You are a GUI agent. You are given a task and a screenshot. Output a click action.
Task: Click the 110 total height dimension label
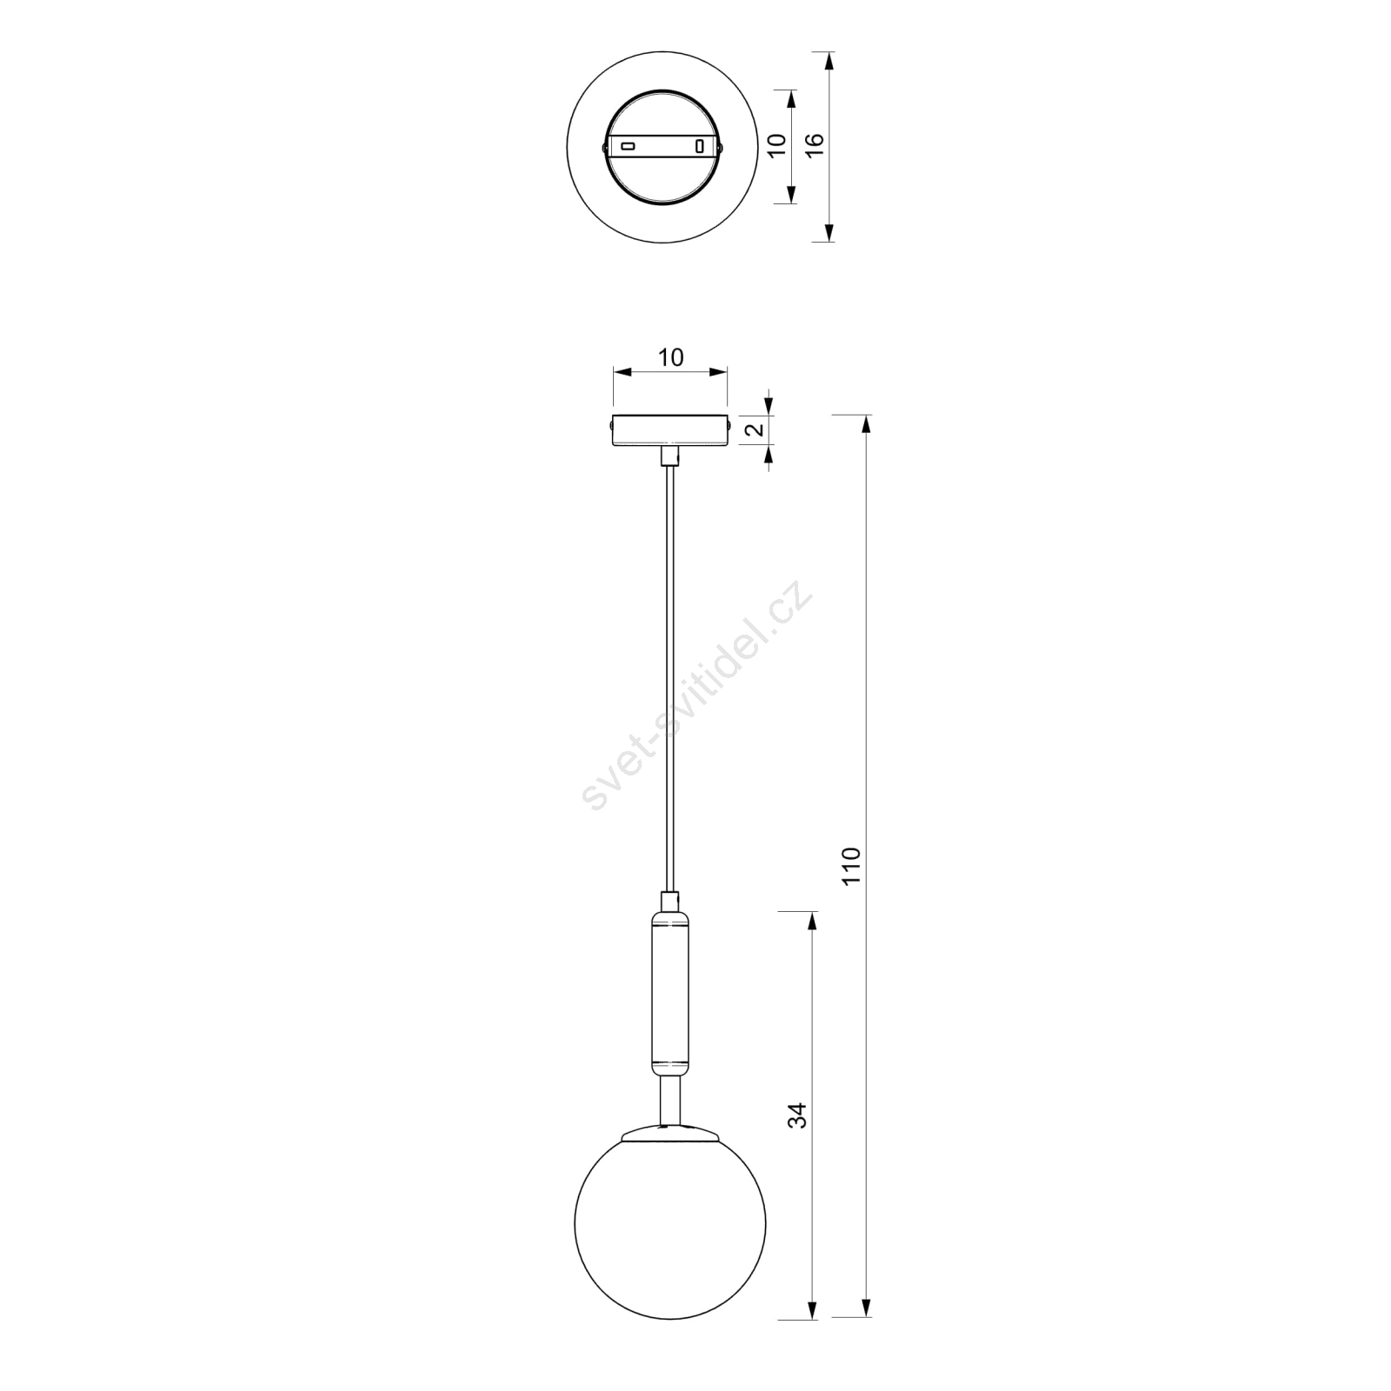pos(850,865)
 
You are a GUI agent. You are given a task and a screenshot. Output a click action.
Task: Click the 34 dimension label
pos(797,1115)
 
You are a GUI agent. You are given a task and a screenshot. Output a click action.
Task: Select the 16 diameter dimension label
pos(815,144)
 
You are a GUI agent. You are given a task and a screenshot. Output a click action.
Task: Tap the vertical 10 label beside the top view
pos(778,144)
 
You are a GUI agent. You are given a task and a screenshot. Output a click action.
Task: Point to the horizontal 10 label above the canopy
pos(670,357)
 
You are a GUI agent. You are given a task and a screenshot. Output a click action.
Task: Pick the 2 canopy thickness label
pos(755,429)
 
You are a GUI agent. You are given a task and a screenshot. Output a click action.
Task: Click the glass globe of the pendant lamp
pos(670,1222)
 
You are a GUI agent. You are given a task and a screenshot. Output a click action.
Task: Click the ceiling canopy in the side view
pos(669,431)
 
